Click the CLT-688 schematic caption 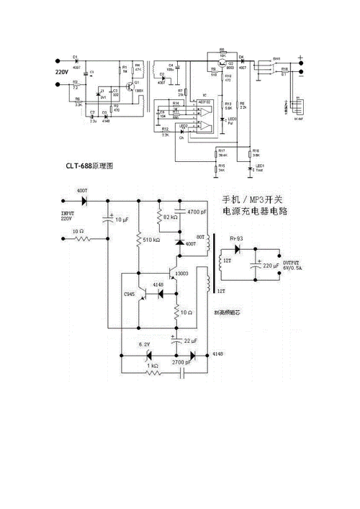85,166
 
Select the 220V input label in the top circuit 62,73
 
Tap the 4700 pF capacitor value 197,212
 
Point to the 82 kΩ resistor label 171,217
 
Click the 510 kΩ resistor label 151,239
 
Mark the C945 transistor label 130,295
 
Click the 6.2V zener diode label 144,345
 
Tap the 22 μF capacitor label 192,341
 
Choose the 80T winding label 201,237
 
